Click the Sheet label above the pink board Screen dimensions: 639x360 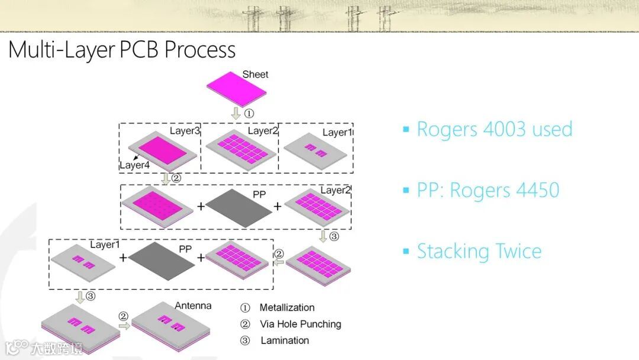pos(255,75)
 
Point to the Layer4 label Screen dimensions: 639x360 pos(134,165)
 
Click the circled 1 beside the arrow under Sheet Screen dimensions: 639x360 pos(250,112)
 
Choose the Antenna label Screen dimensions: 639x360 pos(193,306)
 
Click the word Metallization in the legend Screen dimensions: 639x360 pos(287,307)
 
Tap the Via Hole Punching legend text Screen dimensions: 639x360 pos(301,324)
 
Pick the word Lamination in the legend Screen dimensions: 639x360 pos(285,340)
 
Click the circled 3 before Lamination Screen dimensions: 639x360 pos(245,340)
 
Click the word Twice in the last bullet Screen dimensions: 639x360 pos(513,251)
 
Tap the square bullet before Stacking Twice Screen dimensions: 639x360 pos(406,250)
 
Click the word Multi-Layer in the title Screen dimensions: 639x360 pos(61,50)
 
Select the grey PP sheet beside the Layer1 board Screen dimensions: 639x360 pos(160,261)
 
